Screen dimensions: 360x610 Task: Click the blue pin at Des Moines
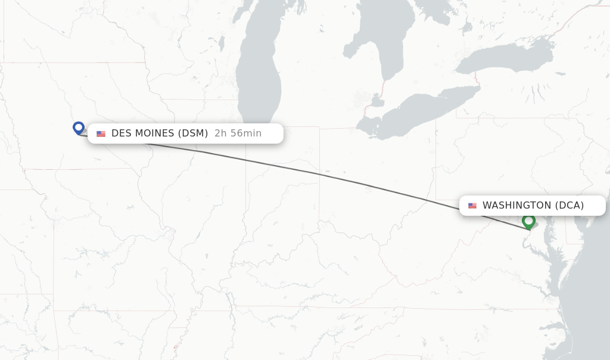(78, 128)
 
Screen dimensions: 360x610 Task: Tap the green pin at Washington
(528, 221)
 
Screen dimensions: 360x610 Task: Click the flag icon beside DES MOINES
(101, 134)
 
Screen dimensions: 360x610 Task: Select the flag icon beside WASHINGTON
(472, 206)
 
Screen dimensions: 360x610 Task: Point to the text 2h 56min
(238, 134)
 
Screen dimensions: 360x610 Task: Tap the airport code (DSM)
(193, 134)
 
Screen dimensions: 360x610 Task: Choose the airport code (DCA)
(569, 206)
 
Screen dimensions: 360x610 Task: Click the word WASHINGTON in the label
(516, 206)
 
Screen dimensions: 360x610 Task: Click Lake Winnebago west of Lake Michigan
(222, 43)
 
